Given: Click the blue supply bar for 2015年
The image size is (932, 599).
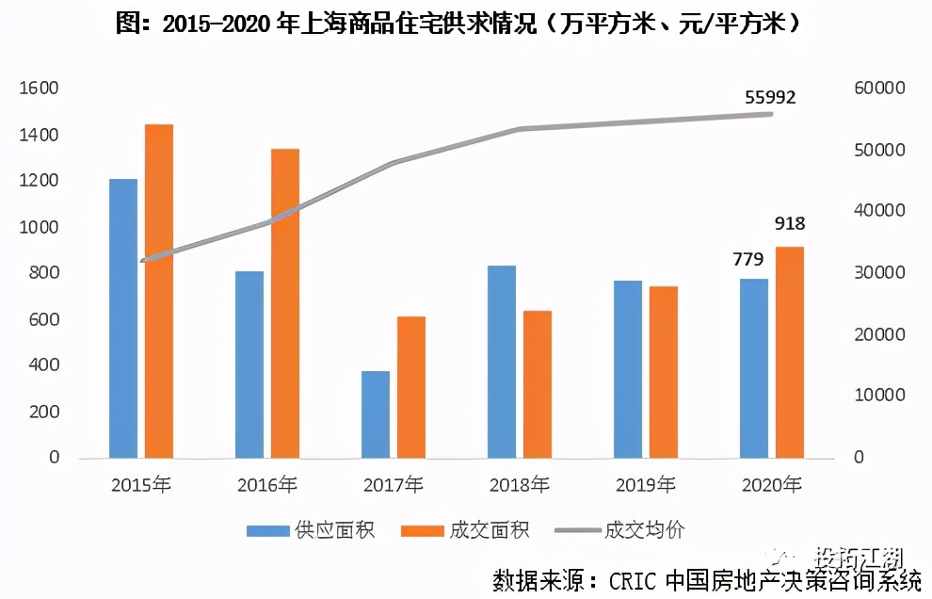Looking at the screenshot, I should pyautogui.click(x=123, y=318).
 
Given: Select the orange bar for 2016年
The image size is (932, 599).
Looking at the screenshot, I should pyautogui.click(x=285, y=303).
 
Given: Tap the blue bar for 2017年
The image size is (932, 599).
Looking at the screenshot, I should pyautogui.click(x=376, y=414).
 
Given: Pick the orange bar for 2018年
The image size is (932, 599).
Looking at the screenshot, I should pyautogui.click(x=538, y=384).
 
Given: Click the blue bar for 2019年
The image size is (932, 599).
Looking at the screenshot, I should pyautogui.click(x=628, y=369).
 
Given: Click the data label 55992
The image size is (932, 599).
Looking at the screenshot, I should pyautogui.click(x=770, y=97).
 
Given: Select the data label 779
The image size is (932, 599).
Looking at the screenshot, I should pyautogui.click(x=748, y=259).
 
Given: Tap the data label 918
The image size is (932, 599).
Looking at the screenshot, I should pyautogui.click(x=790, y=224).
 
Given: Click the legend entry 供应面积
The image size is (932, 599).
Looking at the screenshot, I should pyautogui.click(x=311, y=530).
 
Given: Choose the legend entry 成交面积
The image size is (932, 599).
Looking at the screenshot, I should pyautogui.click(x=465, y=530).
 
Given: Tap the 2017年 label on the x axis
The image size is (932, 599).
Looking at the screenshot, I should pyautogui.click(x=393, y=486).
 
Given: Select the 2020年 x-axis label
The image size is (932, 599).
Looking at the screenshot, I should pyautogui.click(x=772, y=486).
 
